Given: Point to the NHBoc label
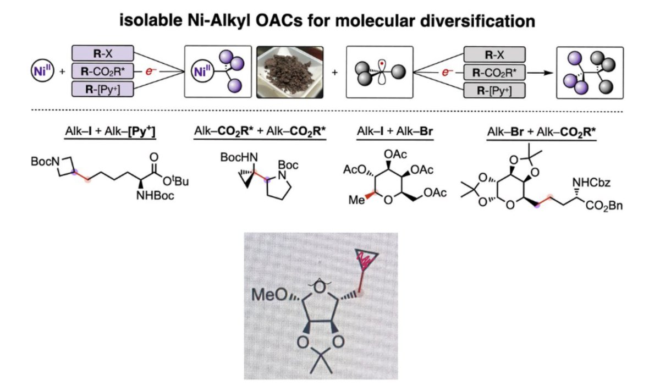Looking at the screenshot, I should coord(156,196).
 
